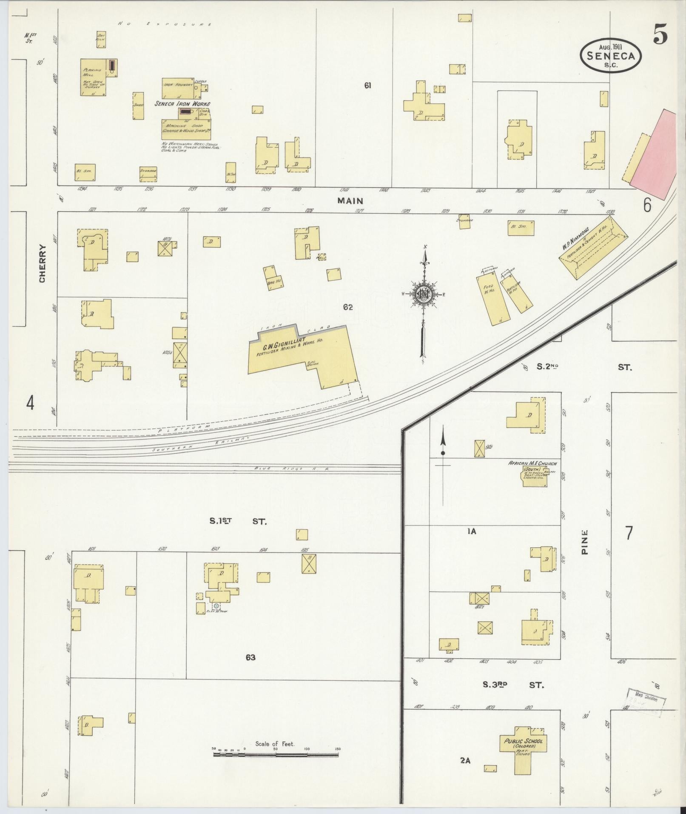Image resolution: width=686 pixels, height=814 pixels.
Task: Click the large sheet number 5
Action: [660, 34]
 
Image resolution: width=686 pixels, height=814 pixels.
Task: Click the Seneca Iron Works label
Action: [182, 103]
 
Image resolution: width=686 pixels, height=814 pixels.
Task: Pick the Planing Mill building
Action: [93, 77]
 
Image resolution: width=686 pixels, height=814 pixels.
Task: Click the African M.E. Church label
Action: [532, 463]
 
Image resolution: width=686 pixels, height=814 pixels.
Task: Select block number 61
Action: [367, 86]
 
